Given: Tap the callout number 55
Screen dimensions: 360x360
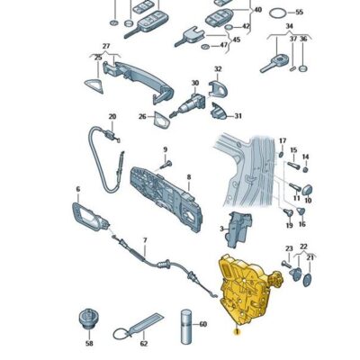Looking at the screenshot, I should coord(300,13).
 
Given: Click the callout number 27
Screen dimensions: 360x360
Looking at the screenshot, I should coord(106,46).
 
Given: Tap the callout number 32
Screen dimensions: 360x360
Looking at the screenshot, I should coord(216,68).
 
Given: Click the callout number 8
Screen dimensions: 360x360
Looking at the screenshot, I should coord(188,177).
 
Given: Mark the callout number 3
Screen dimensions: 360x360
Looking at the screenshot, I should coord(220,230).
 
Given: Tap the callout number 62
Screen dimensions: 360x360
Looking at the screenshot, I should coord(143,343).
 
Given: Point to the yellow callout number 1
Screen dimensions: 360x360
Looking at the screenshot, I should coord(236,332).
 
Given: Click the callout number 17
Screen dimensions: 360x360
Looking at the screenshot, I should coord(282,141).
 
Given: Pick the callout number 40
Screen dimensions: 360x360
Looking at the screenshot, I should coord(258,10).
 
